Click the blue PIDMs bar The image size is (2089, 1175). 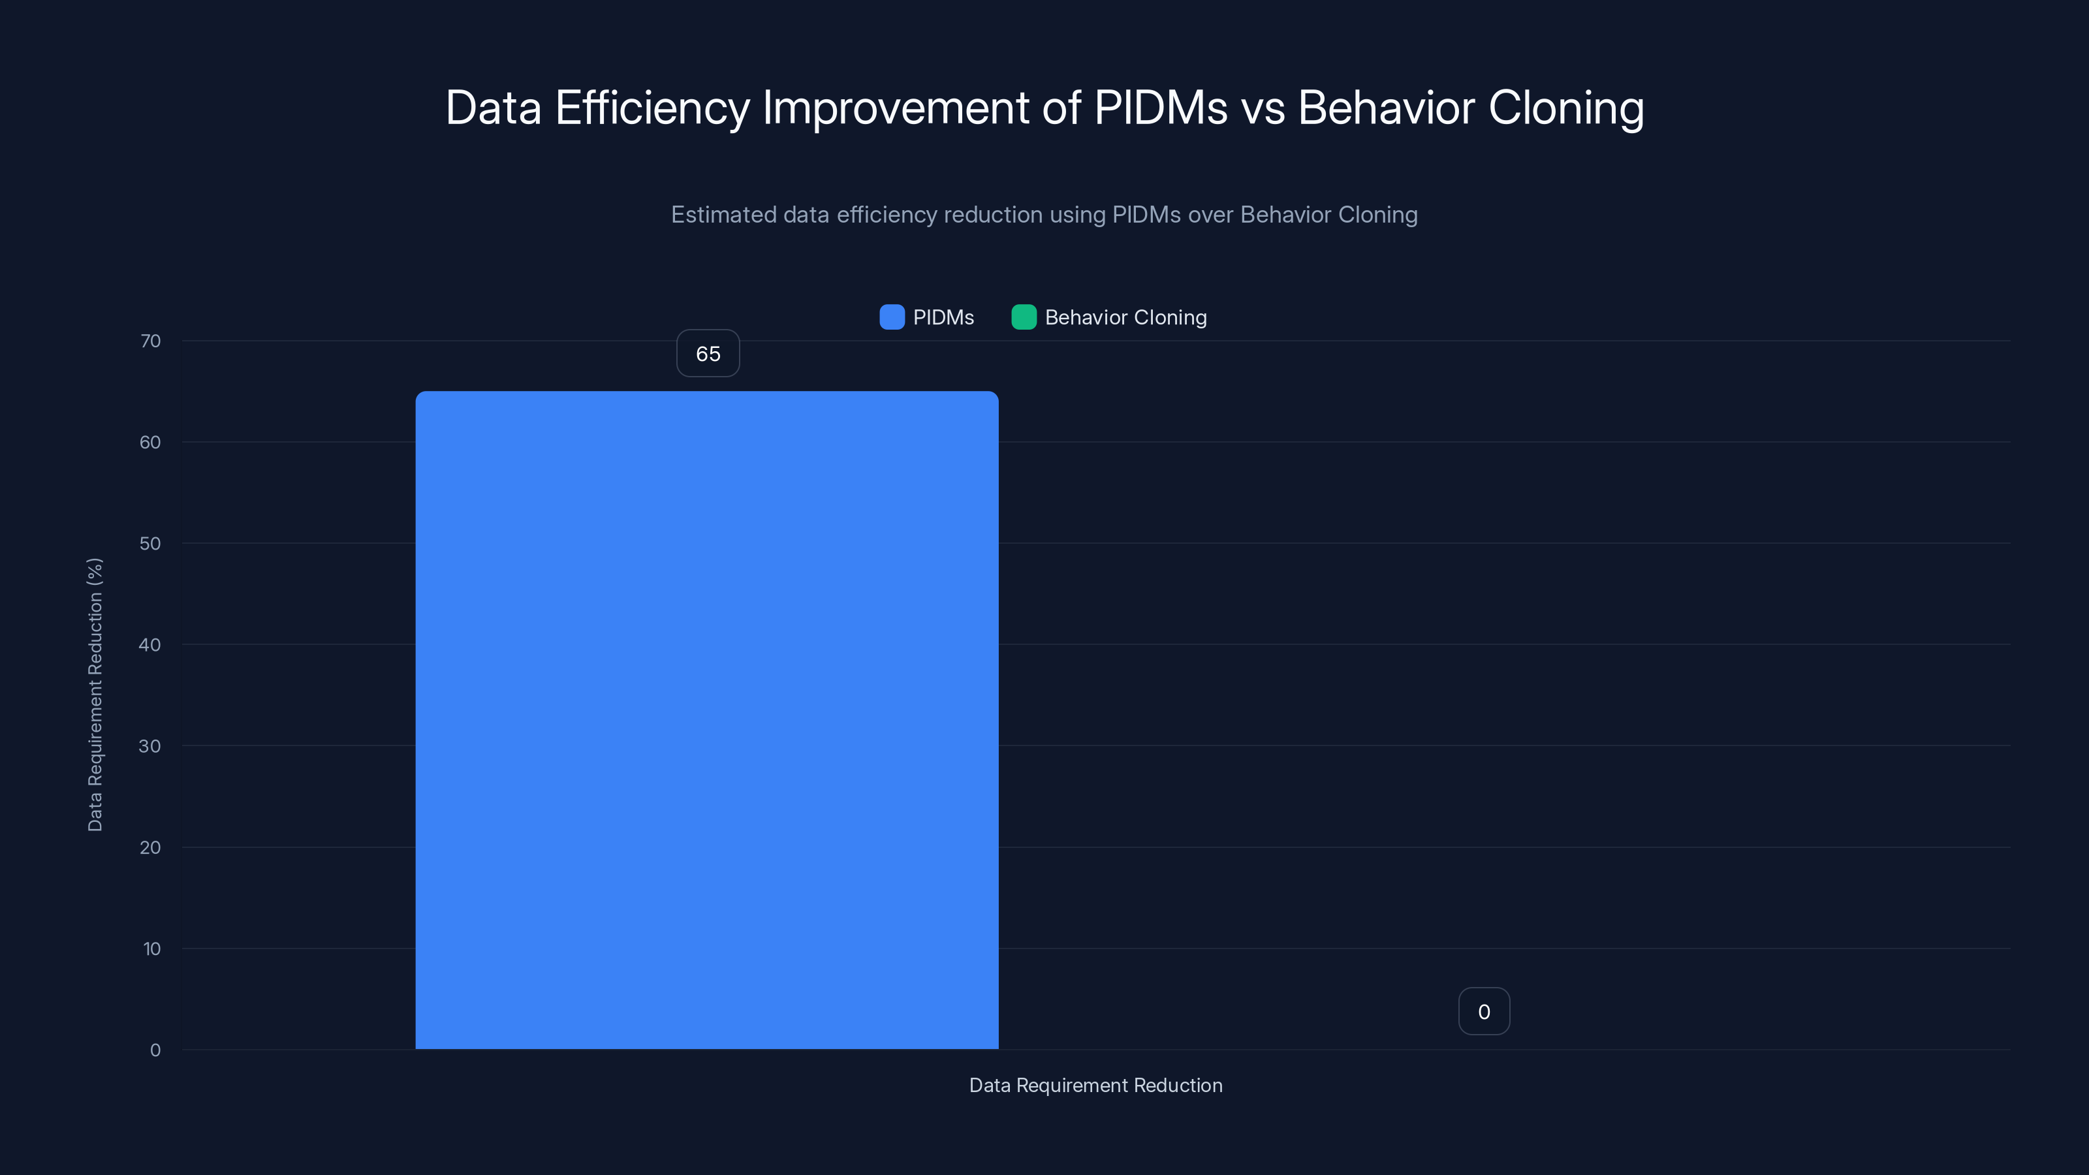tap(706, 720)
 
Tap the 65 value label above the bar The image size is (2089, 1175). tap(708, 354)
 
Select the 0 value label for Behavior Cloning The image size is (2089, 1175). tap(1483, 1011)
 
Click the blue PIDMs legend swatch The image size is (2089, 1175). tap(891, 317)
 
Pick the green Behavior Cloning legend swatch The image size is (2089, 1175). tap(1024, 317)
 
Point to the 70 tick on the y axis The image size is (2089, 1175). tap(150, 341)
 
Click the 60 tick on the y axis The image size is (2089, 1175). tap(150, 442)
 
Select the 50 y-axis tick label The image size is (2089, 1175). tap(150, 543)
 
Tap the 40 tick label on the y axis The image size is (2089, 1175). tap(150, 645)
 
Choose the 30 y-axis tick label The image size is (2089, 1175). tap(150, 746)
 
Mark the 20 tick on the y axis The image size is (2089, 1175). tap(150, 847)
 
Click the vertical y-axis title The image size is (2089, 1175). tap(95, 695)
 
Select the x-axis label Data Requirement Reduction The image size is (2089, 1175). tap(1095, 1085)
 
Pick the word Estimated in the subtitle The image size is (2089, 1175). tap(723, 215)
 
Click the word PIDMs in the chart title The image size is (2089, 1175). tap(1161, 108)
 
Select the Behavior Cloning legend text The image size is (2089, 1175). tap(1125, 317)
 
